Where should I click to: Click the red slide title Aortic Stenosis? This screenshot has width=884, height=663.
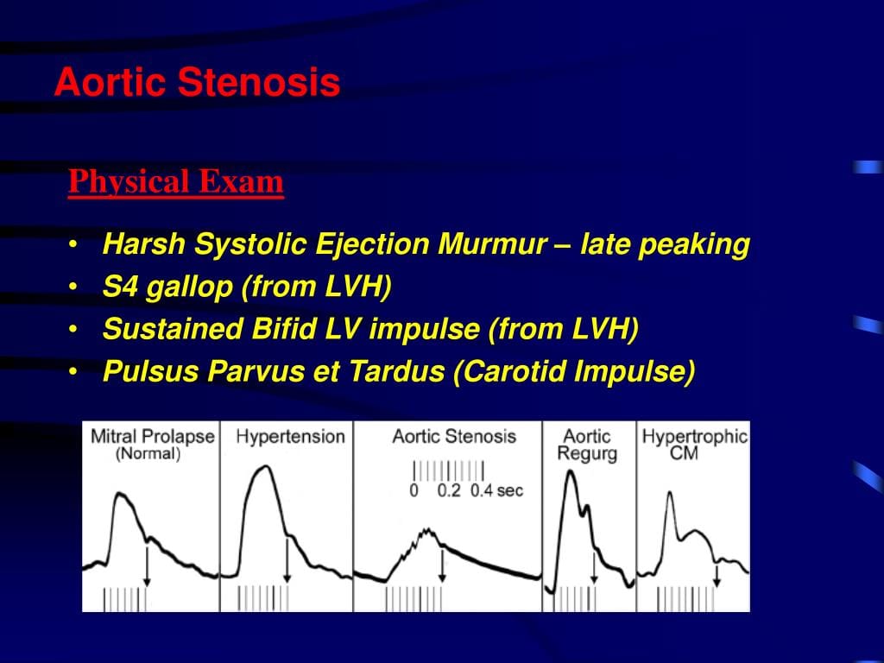coord(198,82)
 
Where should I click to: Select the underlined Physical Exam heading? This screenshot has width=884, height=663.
coord(176,183)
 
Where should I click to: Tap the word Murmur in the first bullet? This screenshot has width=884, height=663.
coord(492,244)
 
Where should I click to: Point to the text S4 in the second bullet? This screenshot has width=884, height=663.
coord(120,287)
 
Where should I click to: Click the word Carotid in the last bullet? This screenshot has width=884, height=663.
coord(510,371)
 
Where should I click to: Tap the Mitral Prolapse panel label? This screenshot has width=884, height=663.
coord(153,436)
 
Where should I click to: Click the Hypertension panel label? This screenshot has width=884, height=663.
coord(290,437)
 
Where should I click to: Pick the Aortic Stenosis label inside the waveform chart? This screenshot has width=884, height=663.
coord(454,436)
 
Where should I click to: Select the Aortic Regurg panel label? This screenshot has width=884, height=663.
coord(587,445)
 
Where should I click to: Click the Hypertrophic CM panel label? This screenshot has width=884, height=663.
coord(695,445)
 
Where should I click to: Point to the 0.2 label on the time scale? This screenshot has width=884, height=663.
coord(449,490)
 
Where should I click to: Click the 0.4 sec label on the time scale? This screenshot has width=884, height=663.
coord(496,490)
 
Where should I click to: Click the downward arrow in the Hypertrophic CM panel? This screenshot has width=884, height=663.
coord(717,576)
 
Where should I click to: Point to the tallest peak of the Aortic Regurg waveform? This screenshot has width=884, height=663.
coord(571,471)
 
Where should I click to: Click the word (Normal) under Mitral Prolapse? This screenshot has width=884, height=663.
coord(148,454)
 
